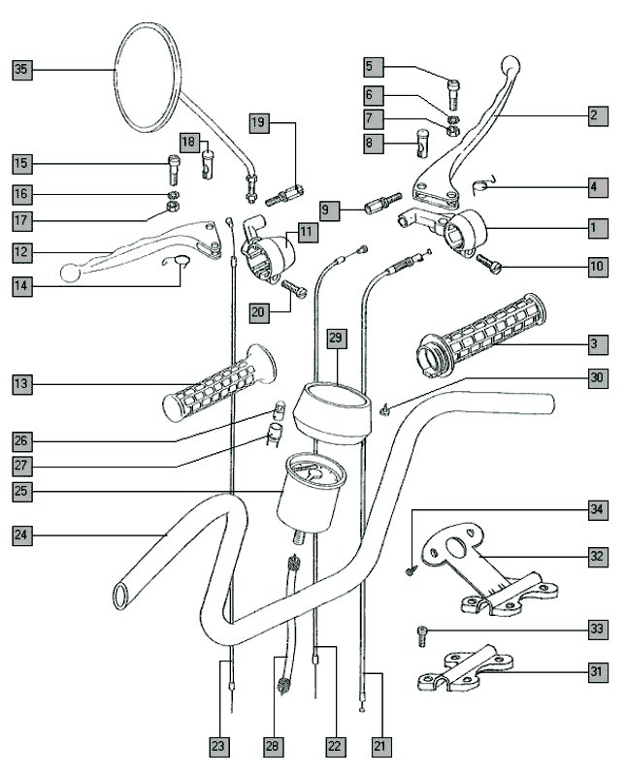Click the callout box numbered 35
click(x=22, y=69)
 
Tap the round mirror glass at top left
click(x=147, y=77)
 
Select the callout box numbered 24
click(x=22, y=534)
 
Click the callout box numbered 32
click(x=598, y=557)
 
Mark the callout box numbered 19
click(x=257, y=123)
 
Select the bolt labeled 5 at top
click(x=454, y=92)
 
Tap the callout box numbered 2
click(x=598, y=115)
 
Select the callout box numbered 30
click(x=598, y=377)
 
